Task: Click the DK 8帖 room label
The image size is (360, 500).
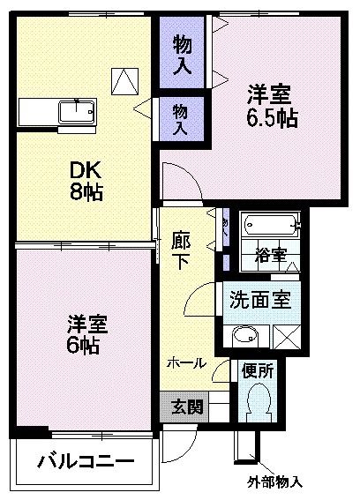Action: click(x=86, y=179)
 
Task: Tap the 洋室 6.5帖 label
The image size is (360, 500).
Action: click(x=272, y=105)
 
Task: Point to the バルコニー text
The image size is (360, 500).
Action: click(x=86, y=462)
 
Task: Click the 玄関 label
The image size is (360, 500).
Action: click(x=186, y=407)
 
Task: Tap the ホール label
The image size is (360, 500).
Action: click(x=186, y=362)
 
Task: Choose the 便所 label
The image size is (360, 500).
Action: click(x=258, y=371)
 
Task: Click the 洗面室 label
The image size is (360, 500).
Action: click(x=259, y=298)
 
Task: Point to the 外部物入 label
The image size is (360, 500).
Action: click(x=274, y=482)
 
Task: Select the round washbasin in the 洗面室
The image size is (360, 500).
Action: click(x=244, y=335)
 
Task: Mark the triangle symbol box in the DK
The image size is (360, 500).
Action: click(x=124, y=81)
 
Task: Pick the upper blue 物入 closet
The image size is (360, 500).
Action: click(x=183, y=52)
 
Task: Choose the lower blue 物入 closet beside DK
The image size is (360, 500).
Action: click(x=181, y=118)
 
